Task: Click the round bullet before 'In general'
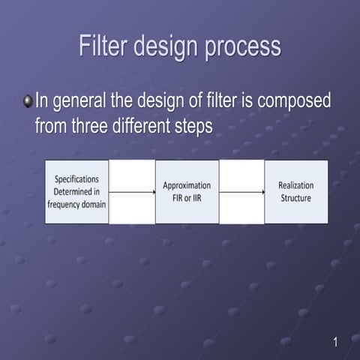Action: pos(28,100)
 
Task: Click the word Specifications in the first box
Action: pos(76,179)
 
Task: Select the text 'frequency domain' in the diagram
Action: pos(76,203)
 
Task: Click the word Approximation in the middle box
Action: pos(187,185)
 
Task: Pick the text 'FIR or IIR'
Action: pos(187,198)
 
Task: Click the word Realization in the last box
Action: pos(295,185)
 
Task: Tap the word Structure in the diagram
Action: pos(295,198)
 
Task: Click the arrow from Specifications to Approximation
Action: pos(132,192)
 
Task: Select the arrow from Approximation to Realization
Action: pos(241,192)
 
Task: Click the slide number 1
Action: pos(335,343)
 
